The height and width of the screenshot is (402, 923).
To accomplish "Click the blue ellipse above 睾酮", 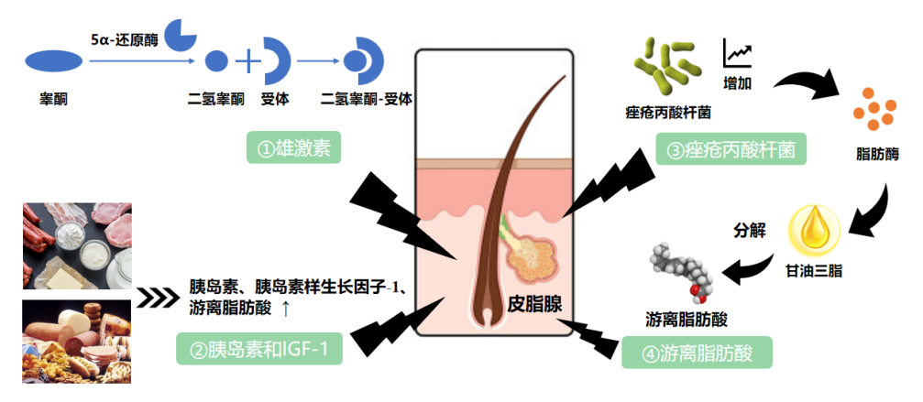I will click(x=54, y=61).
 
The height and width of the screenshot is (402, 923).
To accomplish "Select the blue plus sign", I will click(x=248, y=61).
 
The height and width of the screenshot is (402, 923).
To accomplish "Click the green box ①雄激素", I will click(x=292, y=146).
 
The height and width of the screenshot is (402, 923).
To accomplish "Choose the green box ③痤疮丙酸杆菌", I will click(x=731, y=147).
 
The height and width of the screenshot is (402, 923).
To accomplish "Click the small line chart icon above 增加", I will click(x=737, y=52).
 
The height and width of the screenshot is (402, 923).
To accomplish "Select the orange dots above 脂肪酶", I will click(x=874, y=109).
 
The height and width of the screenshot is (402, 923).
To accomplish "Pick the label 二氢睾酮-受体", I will click(x=365, y=98).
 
